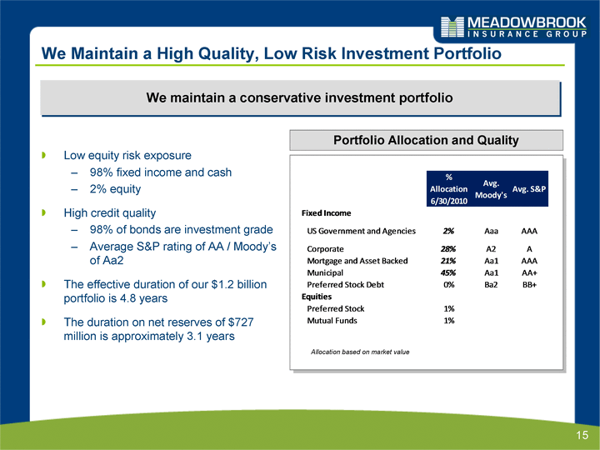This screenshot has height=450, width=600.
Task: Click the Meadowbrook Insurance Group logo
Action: click(x=513, y=27)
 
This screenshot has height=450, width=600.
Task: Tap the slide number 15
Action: click(x=582, y=435)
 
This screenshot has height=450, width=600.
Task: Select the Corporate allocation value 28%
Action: click(x=448, y=248)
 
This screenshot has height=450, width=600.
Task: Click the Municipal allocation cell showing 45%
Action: click(x=448, y=272)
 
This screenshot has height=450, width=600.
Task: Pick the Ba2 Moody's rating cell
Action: click(x=491, y=284)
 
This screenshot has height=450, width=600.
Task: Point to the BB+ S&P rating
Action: click(x=529, y=284)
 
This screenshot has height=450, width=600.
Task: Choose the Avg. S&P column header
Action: click(x=529, y=188)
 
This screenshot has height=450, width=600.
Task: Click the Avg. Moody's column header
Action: click(x=491, y=189)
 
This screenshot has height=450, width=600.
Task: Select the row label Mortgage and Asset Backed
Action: click(x=357, y=261)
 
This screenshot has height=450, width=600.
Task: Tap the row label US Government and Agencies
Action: click(x=361, y=231)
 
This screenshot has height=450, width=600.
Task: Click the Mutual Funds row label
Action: click(x=332, y=320)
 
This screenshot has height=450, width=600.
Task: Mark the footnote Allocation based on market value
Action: click(x=360, y=352)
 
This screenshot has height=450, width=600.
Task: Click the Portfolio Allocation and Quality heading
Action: click(x=427, y=140)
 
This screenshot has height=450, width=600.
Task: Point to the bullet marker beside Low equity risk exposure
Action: click(x=44, y=155)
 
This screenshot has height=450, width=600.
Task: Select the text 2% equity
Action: click(x=115, y=189)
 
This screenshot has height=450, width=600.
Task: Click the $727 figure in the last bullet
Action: click(x=241, y=322)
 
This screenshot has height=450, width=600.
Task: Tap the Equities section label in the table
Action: click(x=317, y=296)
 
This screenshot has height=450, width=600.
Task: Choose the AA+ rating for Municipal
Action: click(x=529, y=272)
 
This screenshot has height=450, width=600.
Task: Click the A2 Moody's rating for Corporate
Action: click(x=491, y=248)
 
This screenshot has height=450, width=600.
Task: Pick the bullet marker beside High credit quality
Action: click(x=44, y=212)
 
